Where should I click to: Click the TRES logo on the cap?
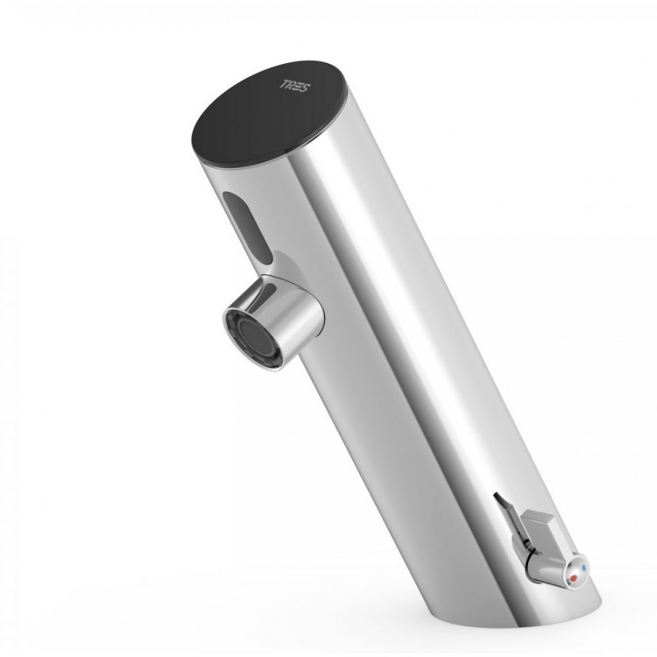tap(295, 86)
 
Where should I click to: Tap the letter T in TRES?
tap(284, 83)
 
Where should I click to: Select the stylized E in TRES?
tap(300, 87)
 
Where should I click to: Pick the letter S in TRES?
tap(306, 88)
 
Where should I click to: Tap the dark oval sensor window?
tap(247, 226)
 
